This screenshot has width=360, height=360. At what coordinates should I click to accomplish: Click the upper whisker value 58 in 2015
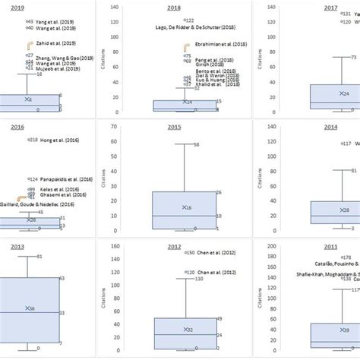[197, 144]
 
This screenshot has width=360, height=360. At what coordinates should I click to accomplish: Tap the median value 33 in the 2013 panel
[62, 313]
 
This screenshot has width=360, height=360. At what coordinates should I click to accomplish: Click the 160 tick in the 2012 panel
[114, 246]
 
